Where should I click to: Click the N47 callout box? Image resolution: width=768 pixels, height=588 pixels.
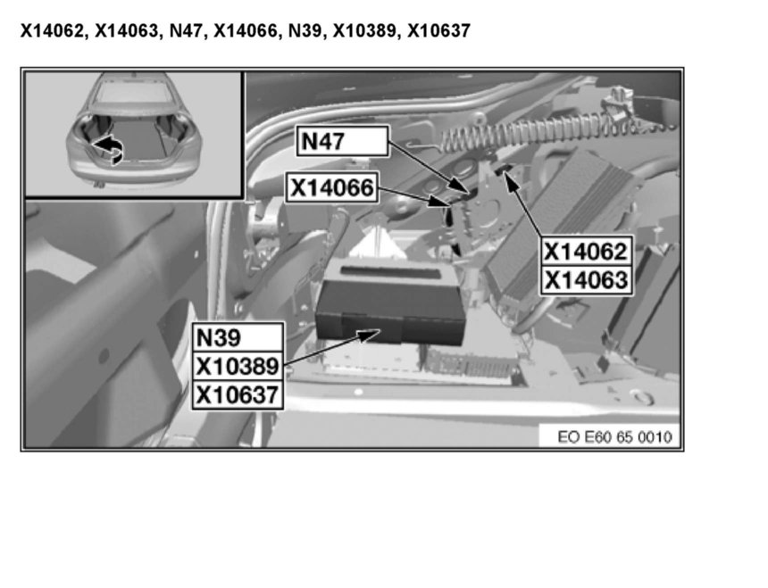click(342, 141)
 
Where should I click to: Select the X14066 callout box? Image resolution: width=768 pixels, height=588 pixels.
click(331, 186)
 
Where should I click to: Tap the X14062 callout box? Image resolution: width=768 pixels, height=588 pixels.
click(587, 252)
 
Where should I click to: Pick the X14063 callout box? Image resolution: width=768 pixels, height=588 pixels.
click(587, 280)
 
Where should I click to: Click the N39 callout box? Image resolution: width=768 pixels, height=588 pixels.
click(238, 337)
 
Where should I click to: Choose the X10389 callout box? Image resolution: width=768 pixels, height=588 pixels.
click(238, 366)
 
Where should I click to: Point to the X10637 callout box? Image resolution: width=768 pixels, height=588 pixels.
click(238, 394)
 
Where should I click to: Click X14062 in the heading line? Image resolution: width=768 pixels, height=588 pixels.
click(53, 31)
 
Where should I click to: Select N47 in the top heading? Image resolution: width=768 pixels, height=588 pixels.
click(186, 31)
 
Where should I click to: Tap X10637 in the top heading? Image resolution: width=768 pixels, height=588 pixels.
click(438, 31)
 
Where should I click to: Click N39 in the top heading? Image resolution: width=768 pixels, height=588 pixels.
click(305, 31)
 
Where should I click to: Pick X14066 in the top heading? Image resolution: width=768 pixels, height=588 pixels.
click(246, 31)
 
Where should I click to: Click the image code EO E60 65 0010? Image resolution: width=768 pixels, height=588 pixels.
click(614, 436)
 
